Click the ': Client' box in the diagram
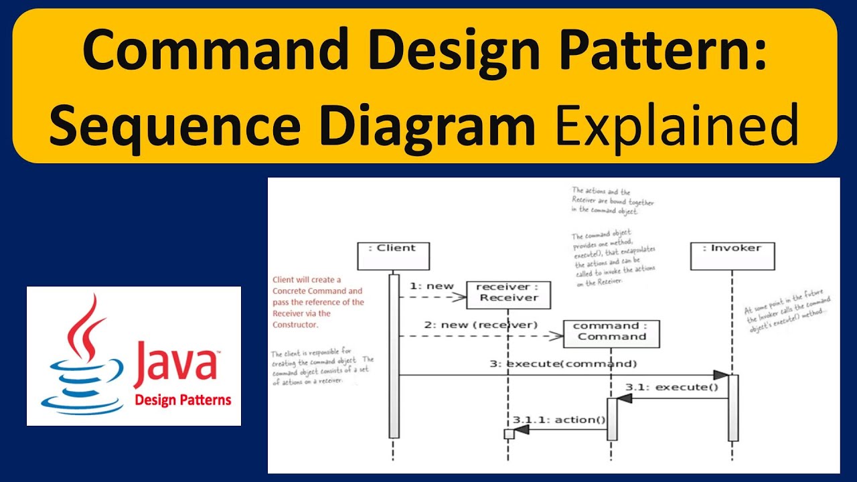pyautogui.click(x=393, y=256)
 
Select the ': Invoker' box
pyautogui.click(x=732, y=256)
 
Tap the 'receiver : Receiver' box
pyautogui.click(x=508, y=295)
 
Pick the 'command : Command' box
pyautogui.click(x=611, y=333)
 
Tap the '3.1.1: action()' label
pyautogui.click(x=559, y=420)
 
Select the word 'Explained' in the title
pyautogui.click(x=677, y=126)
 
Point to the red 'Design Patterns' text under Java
pyautogui.click(x=183, y=400)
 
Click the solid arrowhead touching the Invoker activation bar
pyautogui.click(x=720, y=375)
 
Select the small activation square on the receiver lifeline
pyautogui.click(x=509, y=434)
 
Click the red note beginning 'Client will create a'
pyautogui.click(x=318, y=301)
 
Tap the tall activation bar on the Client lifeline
pyautogui.click(x=394, y=355)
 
